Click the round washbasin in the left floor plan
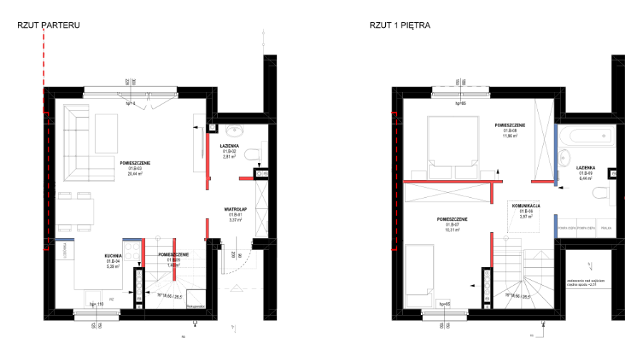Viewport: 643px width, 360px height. (234, 131)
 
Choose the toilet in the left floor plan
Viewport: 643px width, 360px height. (253, 154)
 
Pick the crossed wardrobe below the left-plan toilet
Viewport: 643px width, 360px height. (261, 208)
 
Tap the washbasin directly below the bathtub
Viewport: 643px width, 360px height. (564, 158)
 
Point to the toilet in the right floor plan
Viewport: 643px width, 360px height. (602, 192)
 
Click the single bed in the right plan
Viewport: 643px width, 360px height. (419, 275)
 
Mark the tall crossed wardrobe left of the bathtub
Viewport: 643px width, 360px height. (544, 139)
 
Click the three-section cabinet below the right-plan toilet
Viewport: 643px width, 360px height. (585, 228)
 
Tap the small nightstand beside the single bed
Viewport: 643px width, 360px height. (443, 304)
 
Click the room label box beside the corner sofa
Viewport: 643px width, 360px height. (135, 171)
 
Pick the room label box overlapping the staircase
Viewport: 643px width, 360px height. (174, 262)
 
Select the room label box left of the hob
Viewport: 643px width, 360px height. (114, 264)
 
